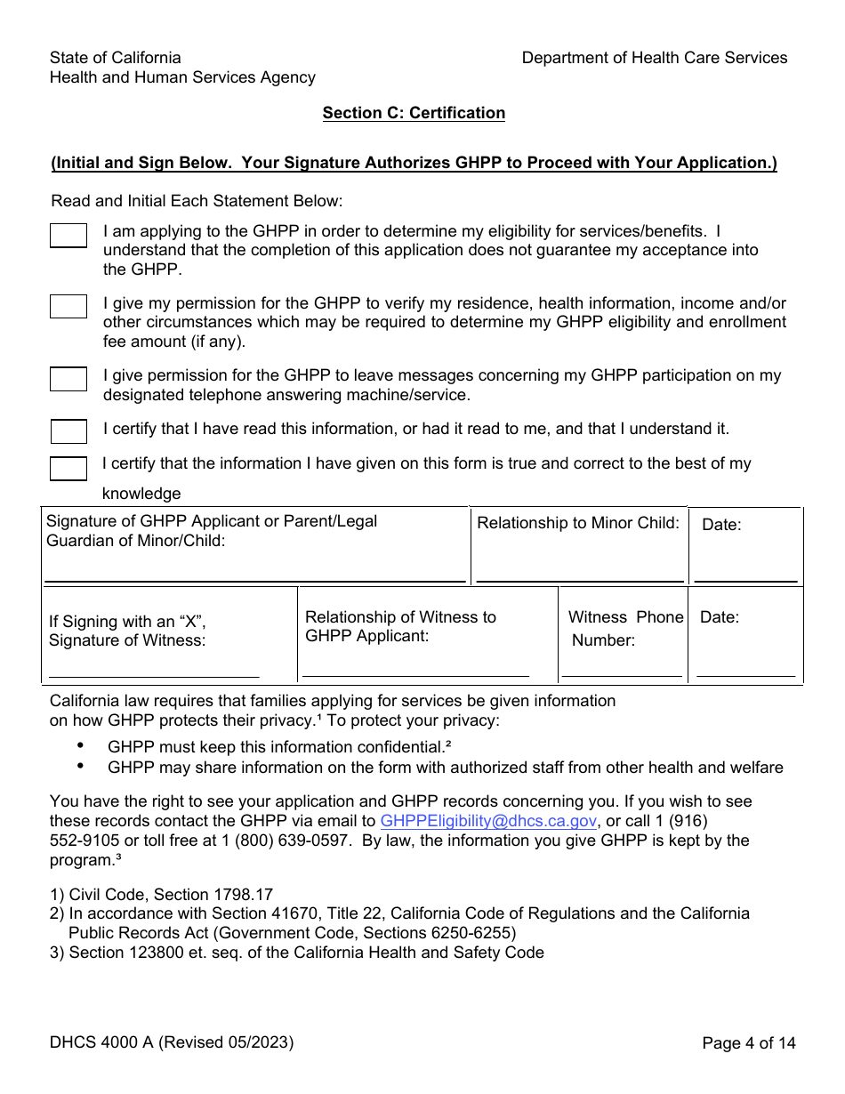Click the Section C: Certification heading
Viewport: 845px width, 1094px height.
(414, 113)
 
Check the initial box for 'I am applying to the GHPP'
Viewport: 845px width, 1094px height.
(68, 236)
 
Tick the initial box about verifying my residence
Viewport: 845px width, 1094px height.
(68, 307)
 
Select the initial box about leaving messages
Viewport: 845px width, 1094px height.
(68, 379)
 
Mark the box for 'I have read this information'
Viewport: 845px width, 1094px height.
(68, 432)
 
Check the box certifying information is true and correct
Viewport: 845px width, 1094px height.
(68, 469)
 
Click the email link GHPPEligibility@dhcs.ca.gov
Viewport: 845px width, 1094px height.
(488, 821)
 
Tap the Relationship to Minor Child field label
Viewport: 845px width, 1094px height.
(578, 523)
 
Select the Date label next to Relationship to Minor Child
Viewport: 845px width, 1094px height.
(721, 525)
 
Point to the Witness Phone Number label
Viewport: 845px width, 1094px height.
(625, 628)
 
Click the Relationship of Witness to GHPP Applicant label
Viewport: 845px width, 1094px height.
(400, 626)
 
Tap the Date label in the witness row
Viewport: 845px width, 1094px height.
(720, 617)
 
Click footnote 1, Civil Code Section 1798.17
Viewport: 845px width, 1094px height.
(161, 895)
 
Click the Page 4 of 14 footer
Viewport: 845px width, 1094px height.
(748, 1043)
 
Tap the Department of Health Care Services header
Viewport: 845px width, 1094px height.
(654, 58)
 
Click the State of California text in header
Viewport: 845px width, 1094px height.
(116, 58)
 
